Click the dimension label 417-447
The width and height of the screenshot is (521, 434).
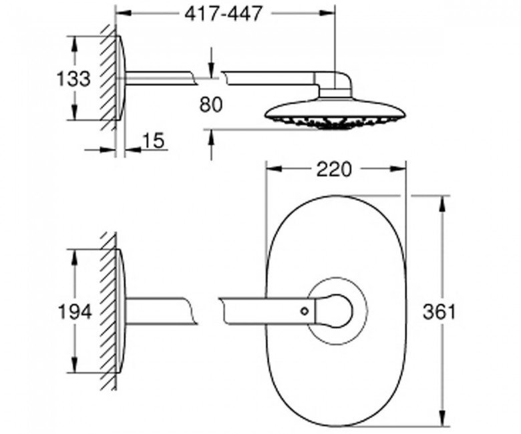click(223, 14)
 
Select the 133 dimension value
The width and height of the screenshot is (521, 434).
click(73, 79)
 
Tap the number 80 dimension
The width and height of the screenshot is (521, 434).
click(211, 105)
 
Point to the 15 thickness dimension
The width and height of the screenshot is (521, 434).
click(153, 140)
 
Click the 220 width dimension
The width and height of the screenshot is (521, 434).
click(333, 170)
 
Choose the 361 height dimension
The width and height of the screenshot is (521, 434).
click(439, 312)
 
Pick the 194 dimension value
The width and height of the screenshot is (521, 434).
click(74, 312)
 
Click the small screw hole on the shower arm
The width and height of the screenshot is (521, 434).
click(304, 311)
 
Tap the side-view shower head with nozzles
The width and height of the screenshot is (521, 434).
click(335, 116)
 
